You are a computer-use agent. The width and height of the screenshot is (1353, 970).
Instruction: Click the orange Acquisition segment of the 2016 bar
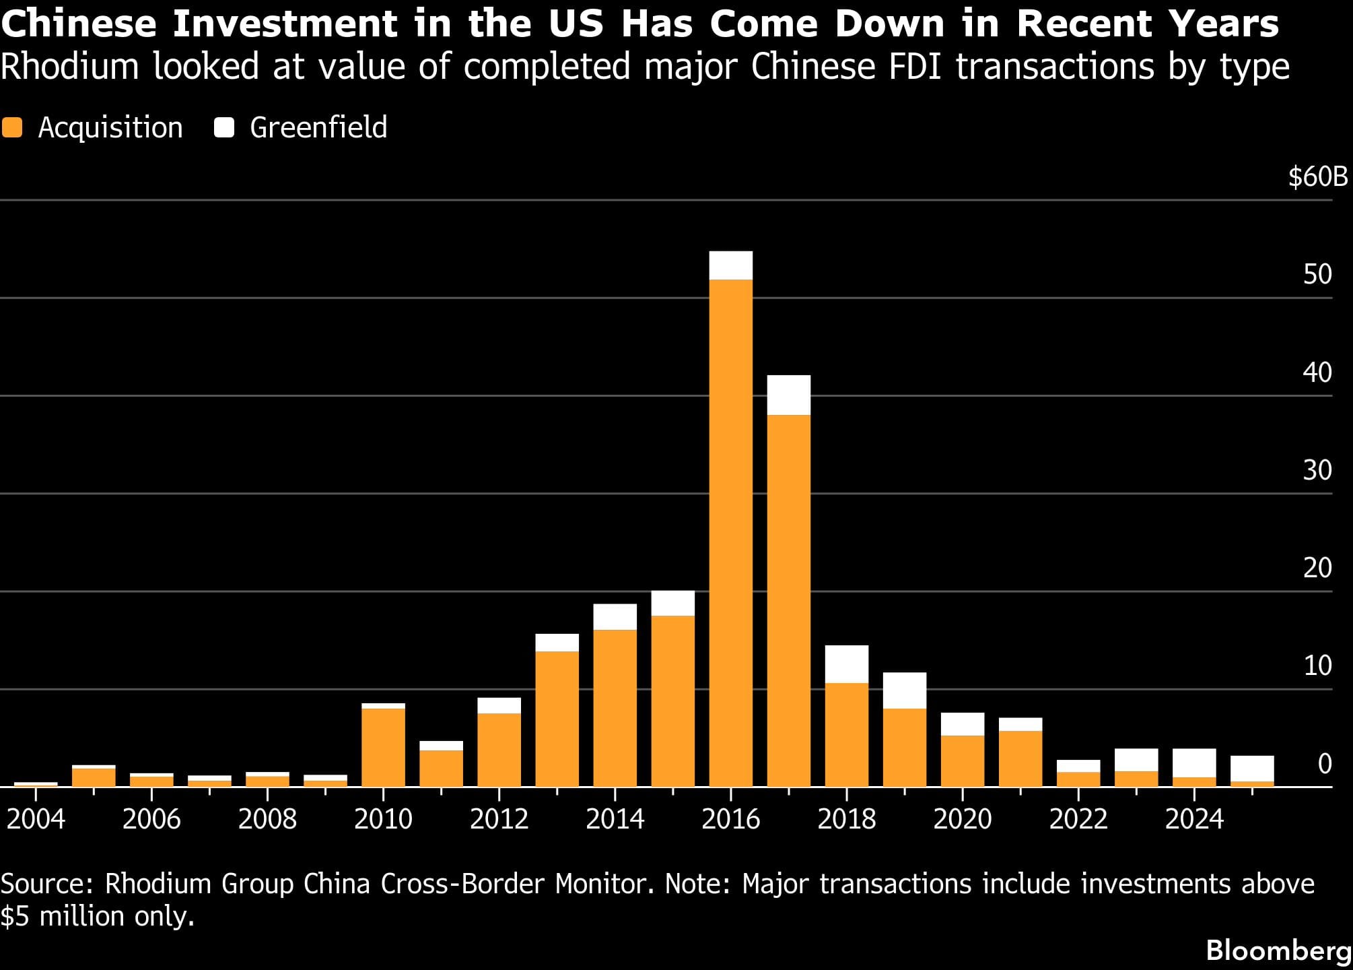point(730,532)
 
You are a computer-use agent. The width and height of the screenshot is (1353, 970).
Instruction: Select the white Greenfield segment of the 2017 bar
point(788,395)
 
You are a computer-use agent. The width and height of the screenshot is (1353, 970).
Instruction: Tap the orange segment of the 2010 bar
point(383,748)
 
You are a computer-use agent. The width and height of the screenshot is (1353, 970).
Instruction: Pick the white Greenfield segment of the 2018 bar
point(846,664)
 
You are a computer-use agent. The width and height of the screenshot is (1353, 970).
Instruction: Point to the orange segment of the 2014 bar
point(615,707)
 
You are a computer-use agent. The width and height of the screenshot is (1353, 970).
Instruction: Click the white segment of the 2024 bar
point(1193,763)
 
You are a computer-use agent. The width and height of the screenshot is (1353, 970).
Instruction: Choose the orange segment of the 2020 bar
point(962,761)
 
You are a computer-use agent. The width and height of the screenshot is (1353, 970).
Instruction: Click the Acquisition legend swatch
point(12,127)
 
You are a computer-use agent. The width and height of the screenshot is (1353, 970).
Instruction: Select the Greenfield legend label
point(318,127)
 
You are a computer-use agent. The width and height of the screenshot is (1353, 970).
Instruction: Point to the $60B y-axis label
point(1317,176)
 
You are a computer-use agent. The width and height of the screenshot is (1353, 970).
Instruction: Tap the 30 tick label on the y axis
point(1317,470)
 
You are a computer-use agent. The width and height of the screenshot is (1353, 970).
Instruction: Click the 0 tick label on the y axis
point(1324,764)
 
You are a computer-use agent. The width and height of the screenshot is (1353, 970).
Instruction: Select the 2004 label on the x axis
point(36,819)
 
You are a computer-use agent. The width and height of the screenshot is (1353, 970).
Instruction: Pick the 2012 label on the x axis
point(499,819)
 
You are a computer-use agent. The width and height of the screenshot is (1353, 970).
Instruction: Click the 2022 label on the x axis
point(1078,819)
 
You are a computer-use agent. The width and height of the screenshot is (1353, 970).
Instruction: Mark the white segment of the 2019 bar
point(904,690)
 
